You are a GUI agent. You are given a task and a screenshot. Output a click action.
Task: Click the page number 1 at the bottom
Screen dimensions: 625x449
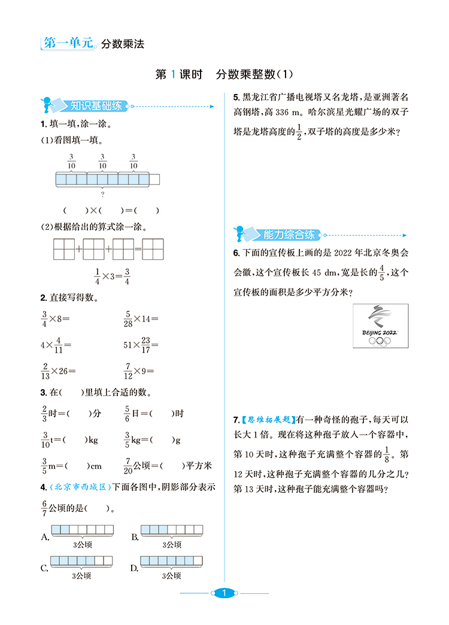[223, 593]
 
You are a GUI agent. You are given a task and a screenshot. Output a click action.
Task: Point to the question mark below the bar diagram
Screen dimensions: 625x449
[102, 194]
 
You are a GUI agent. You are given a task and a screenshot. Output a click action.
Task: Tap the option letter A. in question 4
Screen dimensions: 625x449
[45, 537]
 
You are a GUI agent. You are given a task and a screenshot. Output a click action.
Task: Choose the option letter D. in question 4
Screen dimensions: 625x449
[135, 568]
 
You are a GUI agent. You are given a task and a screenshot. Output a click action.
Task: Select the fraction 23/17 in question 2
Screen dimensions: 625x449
[145, 345]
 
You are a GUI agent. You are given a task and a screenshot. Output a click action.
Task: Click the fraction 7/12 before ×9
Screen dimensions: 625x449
[128, 372]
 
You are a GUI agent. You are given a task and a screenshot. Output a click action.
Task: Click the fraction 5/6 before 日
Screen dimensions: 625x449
[128, 413]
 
